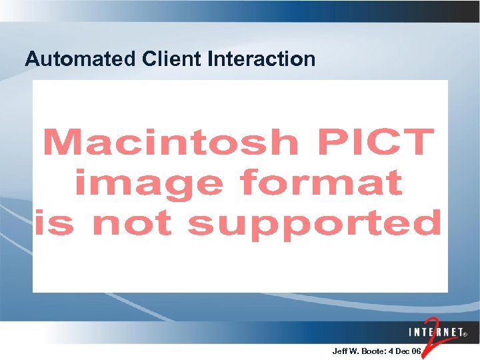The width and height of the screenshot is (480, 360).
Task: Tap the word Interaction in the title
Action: pyautogui.click(x=261, y=59)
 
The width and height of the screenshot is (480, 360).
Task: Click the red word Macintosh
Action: pyautogui.click(x=171, y=143)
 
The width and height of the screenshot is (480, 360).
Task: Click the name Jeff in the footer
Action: pyautogui.click(x=339, y=351)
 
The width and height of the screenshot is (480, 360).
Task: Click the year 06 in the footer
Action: pyautogui.click(x=417, y=351)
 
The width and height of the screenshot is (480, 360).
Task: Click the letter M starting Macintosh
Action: pyautogui.click(x=62, y=143)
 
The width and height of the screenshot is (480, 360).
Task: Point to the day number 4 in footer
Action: pyautogui.click(x=391, y=351)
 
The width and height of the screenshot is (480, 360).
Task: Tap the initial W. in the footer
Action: pyautogui.click(x=353, y=351)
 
